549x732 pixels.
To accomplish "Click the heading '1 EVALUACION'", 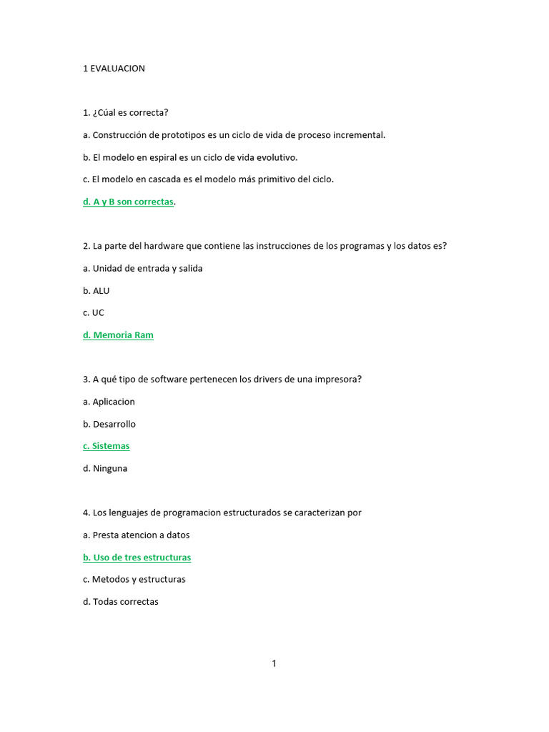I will pos(114,69).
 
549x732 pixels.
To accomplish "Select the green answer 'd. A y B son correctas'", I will pos(129,202).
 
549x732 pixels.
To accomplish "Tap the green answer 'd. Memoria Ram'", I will pos(118,335).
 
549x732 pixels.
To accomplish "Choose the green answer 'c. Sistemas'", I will pos(107,446).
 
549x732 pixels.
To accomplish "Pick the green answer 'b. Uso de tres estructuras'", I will pos(137,558).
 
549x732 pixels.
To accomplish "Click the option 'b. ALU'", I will pos(97,291).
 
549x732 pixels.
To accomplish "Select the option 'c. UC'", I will pos(94,312).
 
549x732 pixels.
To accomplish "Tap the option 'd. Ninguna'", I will pos(105,469).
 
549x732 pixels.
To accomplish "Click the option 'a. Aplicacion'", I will pos(109,402).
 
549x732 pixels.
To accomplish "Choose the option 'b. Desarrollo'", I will pos(109,424).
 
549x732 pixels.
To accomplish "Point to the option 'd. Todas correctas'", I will pos(121,602).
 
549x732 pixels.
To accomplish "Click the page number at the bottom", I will pos(274,663).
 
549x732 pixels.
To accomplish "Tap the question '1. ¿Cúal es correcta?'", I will pos(125,113).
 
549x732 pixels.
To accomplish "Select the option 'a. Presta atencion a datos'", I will pos(137,535).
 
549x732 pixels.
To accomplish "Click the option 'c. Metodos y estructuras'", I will pos(134,580).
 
